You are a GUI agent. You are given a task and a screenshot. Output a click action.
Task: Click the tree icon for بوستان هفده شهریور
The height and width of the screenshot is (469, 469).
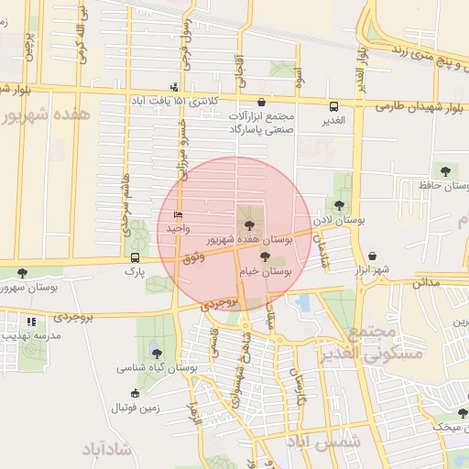pyautogui.click(x=246, y=224)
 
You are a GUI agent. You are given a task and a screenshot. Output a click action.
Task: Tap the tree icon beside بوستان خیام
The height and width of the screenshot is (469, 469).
pyautogui.click(x=266, y=256)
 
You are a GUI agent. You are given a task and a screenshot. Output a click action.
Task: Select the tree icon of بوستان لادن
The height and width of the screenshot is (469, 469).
pyautogui.click(x=340, y=206)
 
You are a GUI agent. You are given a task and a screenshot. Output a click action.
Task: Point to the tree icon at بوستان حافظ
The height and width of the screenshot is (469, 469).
pyautogui.click(x=445, y=170)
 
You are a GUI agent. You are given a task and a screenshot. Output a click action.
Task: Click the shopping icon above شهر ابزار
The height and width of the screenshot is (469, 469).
pyautogui.click(x=372, y=256)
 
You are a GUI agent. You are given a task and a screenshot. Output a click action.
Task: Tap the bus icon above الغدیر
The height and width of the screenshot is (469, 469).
pyautogui.click(x=333, y=105)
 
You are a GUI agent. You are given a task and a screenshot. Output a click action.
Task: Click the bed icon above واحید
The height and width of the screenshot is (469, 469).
pyautogui.click(x=178, y=214)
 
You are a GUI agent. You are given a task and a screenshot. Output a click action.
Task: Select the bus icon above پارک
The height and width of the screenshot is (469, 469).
pyautogui.click(x=136, y=257)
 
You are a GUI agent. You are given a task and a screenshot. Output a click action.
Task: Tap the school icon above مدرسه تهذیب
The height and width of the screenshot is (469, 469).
pyautogui.click(x=32, y=322)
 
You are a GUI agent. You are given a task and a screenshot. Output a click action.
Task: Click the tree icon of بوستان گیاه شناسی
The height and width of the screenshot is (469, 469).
pyautogui.click(x=157, y=353)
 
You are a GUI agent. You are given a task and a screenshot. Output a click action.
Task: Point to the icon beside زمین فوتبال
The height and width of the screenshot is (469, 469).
pyautogui.click(x=136, y=393)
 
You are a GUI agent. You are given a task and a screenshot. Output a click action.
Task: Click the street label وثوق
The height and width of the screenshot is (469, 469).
pyautogui.click(x=193, y=259)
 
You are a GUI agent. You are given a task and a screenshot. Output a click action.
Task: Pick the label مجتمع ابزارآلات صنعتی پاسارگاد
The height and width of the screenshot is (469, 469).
pyautogui.click(x=262, y=124)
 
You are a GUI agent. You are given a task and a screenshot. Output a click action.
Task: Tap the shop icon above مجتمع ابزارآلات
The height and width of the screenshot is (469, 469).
pyautogui.click(x=263, y=103)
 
